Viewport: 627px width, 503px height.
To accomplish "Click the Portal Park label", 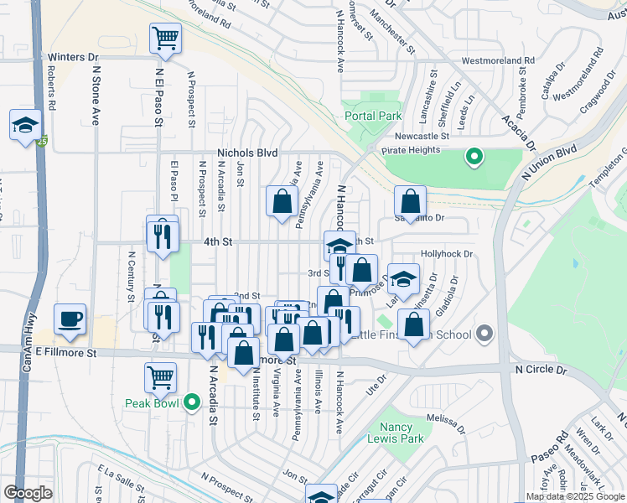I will [x=372, y=117].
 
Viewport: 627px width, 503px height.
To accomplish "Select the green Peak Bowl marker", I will [x=192, y=402].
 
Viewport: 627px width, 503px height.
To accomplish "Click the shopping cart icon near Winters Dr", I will [x=166, y=38].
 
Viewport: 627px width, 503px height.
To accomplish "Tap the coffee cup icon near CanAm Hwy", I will [x=70, y=319].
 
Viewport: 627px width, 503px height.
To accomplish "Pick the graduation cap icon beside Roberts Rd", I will [x=25, y=125].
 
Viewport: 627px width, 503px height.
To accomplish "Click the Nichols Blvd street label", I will [x=246, y=153].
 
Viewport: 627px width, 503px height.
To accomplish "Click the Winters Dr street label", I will [x=73, y=57].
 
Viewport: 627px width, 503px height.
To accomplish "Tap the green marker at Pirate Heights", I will [x=474, y=156].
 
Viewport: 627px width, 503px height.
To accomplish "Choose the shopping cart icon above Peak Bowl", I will [x=160, y=376].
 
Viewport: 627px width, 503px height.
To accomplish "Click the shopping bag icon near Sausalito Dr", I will [x=410, y=201].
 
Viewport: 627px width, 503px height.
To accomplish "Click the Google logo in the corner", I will [x=28, y=493].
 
